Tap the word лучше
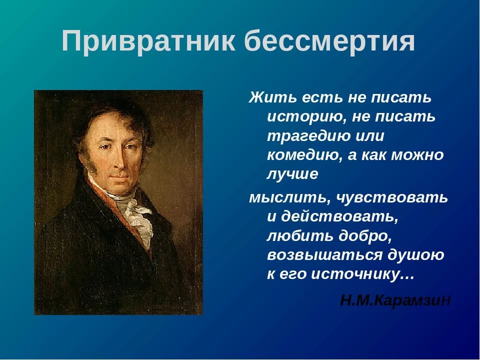click(x=292, y=174)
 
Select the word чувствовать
click(x=392, y=197)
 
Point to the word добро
click(x=365, y=235)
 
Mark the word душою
click(x=416, y=255)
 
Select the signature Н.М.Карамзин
click(x=395, y=300)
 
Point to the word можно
click(x=417, y=155)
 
